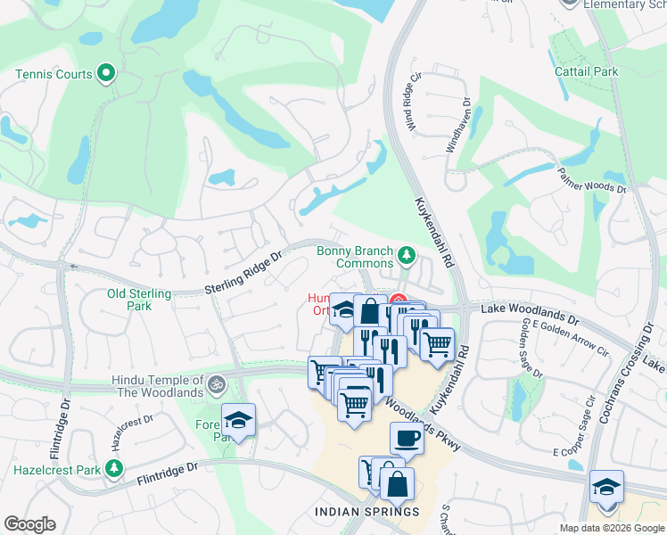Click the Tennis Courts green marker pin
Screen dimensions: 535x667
(x=106, y=73)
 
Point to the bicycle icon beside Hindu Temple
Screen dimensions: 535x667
(x=216, y=385)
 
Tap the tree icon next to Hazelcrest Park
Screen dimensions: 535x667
(x=113, y=468)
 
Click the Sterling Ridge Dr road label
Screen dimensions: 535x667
(x=243, y=272)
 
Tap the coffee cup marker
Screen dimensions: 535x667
(x=408, y=439)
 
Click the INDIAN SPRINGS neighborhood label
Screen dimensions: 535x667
(x=366, y=511)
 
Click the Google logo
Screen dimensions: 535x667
(x=29, y=524)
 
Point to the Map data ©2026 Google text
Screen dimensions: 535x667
(x=611, y=528)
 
